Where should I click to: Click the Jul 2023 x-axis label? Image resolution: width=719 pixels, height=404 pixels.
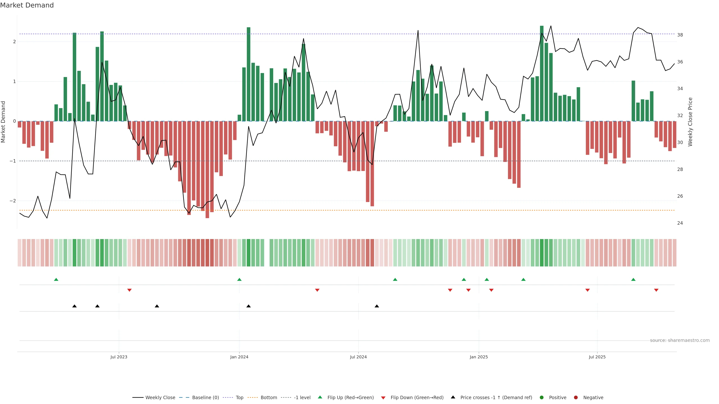(119, 357)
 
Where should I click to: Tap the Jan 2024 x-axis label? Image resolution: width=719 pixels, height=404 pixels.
(239, 357)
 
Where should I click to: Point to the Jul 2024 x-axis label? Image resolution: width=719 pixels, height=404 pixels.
(358, 357)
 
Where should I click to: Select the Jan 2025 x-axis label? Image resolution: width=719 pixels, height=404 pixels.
(479, 357)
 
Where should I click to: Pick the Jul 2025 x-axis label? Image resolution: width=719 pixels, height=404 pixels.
(597, 357)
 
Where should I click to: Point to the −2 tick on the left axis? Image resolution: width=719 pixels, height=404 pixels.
(13, 201)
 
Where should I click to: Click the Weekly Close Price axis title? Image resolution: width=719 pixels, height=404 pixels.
(690, 122)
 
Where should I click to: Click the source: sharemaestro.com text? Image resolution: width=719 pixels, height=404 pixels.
(680, 340)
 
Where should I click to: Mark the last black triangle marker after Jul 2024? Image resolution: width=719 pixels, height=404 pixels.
(377, 306)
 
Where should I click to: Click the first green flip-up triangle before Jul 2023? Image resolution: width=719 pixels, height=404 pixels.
(56, 279)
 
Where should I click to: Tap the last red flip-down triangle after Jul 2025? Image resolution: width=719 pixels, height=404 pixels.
(656, 290)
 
